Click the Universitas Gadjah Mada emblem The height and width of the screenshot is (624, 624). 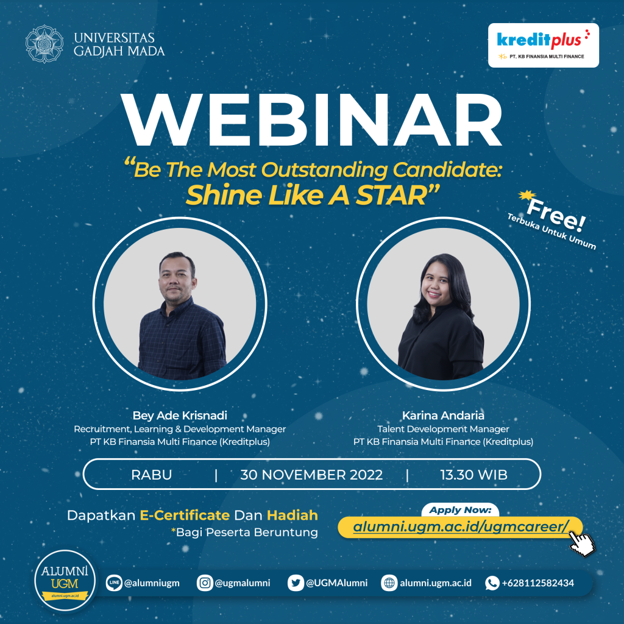(44, 44)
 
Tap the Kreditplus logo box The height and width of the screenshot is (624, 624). (544, 44)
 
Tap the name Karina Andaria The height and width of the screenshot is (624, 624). (443, 416)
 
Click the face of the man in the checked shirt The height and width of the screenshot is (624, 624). (177, 276)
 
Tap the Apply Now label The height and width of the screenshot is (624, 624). (460, 510)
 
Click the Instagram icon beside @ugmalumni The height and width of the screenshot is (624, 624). (205, 583)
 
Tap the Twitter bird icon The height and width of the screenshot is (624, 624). (296, 583)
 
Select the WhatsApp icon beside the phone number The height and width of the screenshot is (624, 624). (492, 583)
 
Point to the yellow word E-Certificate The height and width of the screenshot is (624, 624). (185, 515)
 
